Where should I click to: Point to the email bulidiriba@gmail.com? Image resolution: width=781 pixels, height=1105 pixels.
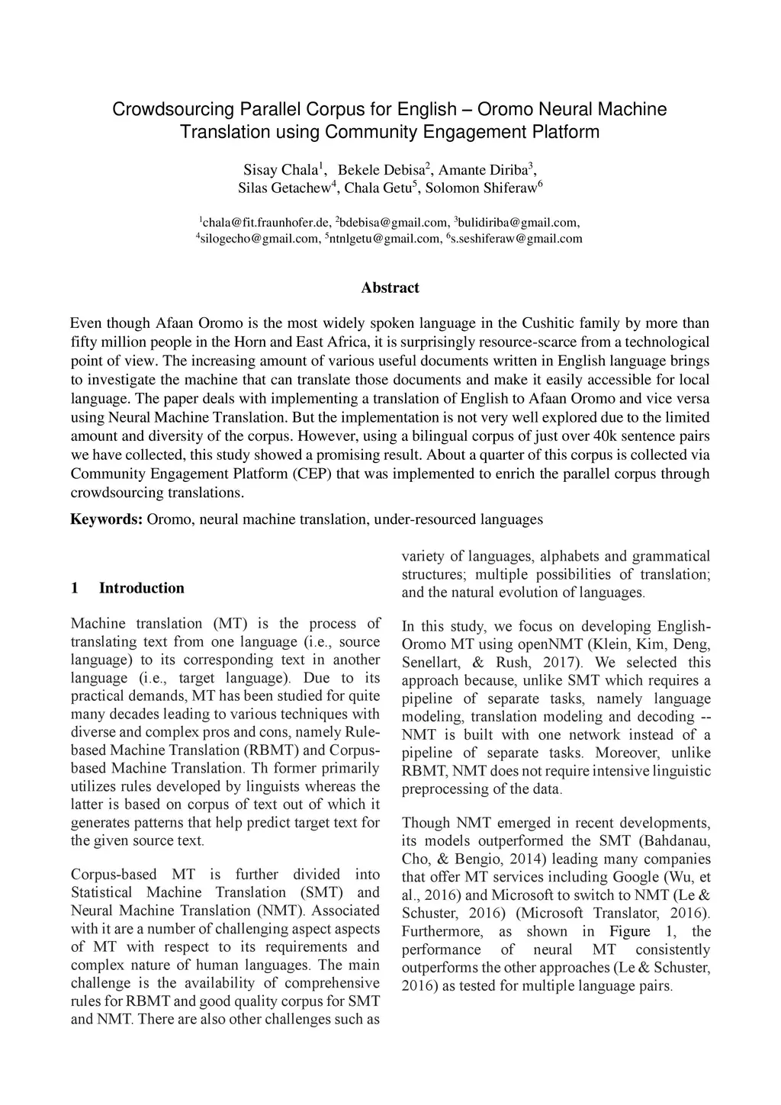[518, 223]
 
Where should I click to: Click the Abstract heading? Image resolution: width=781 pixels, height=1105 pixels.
[390, 287]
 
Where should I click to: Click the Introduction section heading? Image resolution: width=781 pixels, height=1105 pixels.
[141, 588]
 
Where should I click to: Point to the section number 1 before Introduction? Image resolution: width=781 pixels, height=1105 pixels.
[74, 588]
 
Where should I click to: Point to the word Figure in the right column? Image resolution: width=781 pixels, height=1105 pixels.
[629, 931]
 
